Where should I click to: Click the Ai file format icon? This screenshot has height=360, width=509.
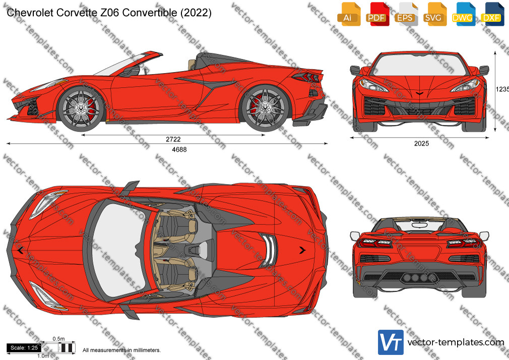click(349, 14)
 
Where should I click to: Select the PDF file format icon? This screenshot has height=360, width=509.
click(377, 14)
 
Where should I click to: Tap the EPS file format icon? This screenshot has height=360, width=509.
click(406, 14)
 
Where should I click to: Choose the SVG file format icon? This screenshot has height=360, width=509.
click(434, 14)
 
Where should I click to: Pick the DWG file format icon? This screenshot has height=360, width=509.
click(463, 14)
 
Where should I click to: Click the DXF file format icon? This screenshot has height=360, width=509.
click(491, 14)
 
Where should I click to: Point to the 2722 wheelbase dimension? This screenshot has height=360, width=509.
click(173, 139)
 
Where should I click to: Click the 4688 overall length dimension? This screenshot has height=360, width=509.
click(179, 149)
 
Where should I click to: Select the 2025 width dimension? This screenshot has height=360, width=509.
click(421, 143)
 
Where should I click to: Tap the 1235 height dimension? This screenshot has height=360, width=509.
click(502, 89)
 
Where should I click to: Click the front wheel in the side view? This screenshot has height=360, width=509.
click(81, 108)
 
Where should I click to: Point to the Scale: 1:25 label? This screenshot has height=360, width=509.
click(24, 348)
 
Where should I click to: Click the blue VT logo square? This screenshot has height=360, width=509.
click(391, 342)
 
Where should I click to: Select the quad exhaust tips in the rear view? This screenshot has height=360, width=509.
click(418, 278)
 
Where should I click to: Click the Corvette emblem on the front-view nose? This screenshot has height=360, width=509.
click(419, 93)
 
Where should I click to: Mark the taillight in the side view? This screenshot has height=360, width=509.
click(305, 77)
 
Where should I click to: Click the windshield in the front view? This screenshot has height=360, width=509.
click(419, 65)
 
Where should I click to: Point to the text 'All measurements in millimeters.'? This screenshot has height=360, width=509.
click(121, 350)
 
